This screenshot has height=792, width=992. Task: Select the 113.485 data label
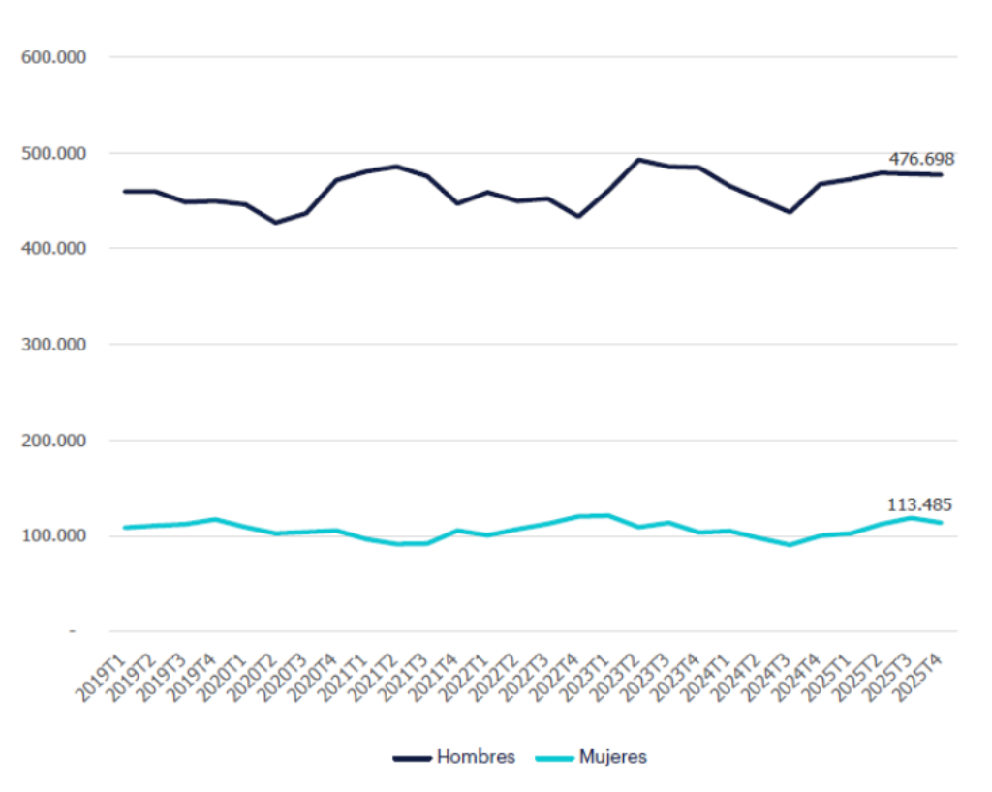(919, 504)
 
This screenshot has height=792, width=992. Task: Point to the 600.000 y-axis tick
(54, 57)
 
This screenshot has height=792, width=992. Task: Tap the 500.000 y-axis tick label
(54, 153)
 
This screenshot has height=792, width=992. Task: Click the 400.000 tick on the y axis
(54, 249)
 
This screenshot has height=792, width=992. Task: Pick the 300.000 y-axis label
(54, 345)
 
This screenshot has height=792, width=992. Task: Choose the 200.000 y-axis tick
(54, 441)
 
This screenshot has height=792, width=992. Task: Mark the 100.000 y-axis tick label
(54, 535)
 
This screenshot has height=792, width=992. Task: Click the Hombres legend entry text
(476, 757)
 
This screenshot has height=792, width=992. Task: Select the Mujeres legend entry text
(612, 757)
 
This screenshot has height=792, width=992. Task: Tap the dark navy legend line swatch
(412, 758)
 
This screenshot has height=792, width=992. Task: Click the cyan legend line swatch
(553, 758)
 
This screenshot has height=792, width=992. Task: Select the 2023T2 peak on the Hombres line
(638, 160)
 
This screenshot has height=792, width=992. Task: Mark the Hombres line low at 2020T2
(276, 223)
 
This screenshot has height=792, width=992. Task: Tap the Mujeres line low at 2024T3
(790, 544)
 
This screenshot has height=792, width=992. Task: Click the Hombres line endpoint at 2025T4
(941, 174)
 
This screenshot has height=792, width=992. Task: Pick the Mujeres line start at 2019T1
(125, 528)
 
